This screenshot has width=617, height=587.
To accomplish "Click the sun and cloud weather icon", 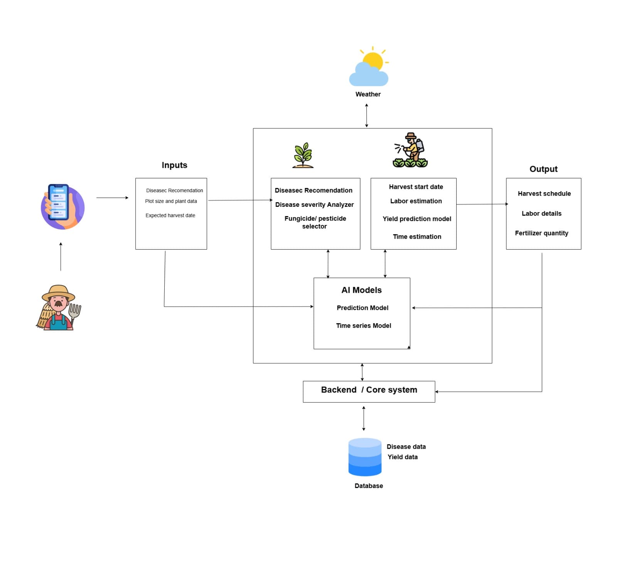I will pos(368,67).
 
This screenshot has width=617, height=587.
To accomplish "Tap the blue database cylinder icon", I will pos(364,457).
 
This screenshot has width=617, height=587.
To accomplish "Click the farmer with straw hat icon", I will pos(59,308).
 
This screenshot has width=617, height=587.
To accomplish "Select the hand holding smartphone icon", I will pos(62,206).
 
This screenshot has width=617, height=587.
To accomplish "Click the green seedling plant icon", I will pos(303,155).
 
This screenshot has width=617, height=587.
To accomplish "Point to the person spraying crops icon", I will pos(410,151).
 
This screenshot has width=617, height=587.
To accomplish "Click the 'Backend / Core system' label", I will pos(369,390).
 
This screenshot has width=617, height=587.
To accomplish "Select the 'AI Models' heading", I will pos(361,290).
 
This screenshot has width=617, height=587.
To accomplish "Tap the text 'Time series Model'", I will pos(363,325).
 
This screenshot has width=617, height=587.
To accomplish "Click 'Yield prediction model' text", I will pos(416,219).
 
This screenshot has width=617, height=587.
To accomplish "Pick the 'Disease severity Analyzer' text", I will pos(314,205).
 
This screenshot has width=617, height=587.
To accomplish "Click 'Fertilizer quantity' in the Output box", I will pos(541,233).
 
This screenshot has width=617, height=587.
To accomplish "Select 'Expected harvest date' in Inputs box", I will pos(170,215).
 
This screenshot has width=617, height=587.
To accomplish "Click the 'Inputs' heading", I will pos(174,165).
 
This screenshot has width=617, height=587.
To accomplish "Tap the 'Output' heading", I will pos(543,169).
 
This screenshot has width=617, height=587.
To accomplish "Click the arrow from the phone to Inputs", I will pos(112,198).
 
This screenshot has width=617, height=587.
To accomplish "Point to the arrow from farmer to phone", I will pos(61,256).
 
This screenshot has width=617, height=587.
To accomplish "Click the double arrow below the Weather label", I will pos(366,115).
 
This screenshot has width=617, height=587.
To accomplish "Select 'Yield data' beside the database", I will pos(402,457).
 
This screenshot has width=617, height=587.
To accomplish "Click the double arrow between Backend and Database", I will pos(364,418).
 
